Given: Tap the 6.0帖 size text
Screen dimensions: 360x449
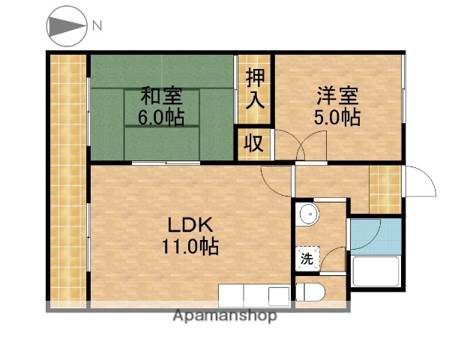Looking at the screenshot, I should (x=161, y=118).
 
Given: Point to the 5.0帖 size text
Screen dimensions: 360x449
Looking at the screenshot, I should (x=337, y=118).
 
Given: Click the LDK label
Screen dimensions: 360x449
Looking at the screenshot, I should (x=191, y=223).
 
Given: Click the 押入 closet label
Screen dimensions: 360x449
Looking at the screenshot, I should (x=256, y=88).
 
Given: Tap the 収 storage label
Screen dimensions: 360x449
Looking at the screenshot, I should (x=256, y=143).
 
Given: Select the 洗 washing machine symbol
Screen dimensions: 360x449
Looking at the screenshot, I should (x=307, y=259).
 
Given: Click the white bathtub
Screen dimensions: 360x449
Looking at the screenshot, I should (x=377, y=271).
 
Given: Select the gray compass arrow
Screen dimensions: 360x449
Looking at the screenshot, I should (x=67, y=26).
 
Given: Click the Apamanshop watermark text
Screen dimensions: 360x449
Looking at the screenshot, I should (x=225, y=315).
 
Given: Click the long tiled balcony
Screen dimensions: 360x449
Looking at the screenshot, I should (x=68, y=180).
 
